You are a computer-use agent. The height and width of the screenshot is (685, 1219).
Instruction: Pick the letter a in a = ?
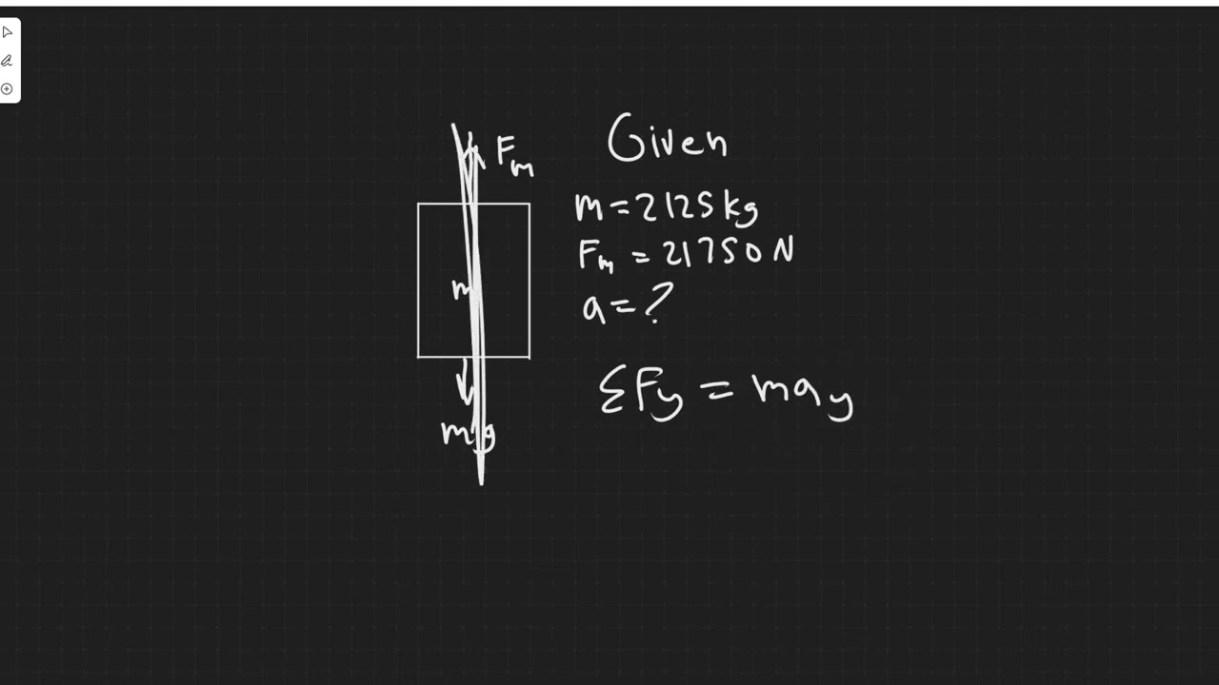(x=593, y=307)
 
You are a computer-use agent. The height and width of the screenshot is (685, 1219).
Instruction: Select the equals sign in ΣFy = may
(x=717, y=389)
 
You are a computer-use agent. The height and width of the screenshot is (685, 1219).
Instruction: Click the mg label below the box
(x=467, y=434)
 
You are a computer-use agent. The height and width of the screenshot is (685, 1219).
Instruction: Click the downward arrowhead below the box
(x=465, y=392)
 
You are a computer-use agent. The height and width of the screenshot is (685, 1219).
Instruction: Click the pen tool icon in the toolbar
(x=8, y=61)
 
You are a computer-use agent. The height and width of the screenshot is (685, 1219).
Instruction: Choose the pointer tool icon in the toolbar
(x=8, y=32)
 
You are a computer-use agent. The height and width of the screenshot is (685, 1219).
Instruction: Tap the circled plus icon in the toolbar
(x=8, y=89)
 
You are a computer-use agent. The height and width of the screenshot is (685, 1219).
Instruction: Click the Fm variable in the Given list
(x=595, y=256)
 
